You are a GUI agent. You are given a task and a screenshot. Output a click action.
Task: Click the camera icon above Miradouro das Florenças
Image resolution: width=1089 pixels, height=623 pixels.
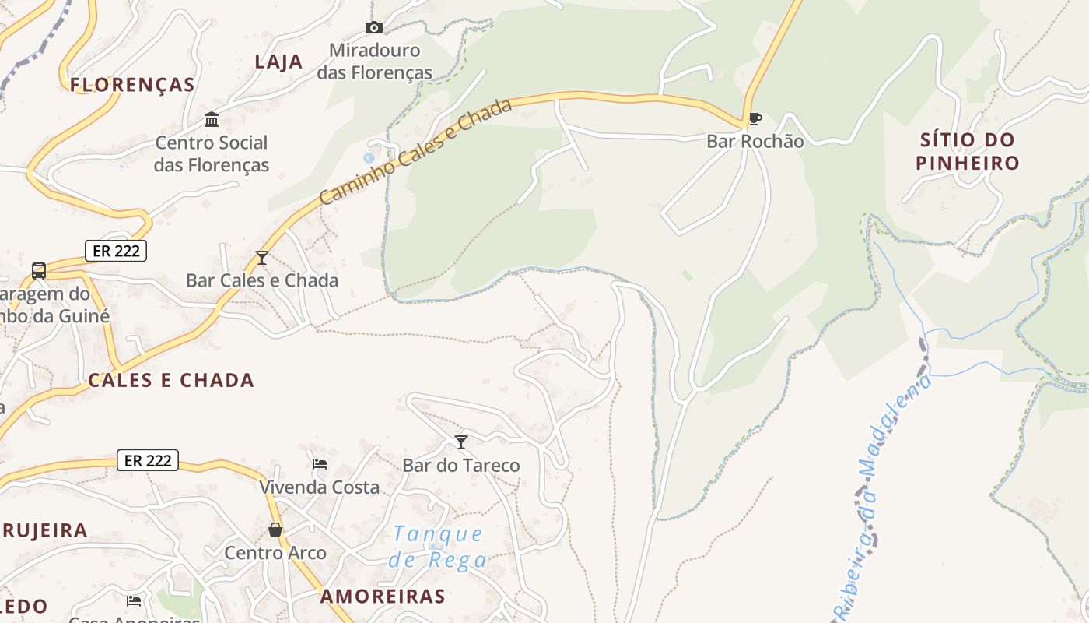(374, 28)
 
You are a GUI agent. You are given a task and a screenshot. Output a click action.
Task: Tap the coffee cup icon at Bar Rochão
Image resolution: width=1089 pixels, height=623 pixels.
(755, 119)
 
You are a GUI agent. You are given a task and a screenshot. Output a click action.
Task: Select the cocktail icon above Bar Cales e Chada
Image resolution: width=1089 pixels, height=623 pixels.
(262, 257)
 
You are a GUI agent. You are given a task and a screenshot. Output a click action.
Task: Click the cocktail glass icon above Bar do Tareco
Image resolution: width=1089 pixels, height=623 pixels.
(461, 442)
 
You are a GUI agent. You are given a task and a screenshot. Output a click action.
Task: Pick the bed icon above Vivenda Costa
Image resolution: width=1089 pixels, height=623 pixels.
(319, 464)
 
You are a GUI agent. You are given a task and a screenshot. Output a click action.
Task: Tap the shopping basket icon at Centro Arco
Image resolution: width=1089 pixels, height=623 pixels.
(275, 530)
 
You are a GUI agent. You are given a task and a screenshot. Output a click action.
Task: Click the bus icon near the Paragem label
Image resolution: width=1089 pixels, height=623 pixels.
(39, 271)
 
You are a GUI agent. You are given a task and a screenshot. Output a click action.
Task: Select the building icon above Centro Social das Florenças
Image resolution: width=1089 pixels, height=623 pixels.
(212, 119)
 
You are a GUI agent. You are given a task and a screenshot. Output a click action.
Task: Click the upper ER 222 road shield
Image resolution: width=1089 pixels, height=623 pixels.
(116, 251)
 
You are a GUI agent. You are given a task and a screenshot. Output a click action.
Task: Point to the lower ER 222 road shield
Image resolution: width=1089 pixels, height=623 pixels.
(148, 460)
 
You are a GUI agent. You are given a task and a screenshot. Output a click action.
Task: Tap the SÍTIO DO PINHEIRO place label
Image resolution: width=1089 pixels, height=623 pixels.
(967, 152)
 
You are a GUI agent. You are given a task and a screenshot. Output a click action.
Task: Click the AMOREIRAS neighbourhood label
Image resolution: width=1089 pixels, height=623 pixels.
(383, 597)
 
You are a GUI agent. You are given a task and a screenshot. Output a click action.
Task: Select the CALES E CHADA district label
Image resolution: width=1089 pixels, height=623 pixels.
(171, 380)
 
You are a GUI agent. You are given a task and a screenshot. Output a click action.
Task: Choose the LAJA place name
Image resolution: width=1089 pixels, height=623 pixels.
(278, 62)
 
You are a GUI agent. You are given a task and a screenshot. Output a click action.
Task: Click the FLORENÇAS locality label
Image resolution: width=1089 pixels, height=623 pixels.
(132, 85)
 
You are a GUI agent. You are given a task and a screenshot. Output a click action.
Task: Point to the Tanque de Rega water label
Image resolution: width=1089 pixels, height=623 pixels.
(438, 547)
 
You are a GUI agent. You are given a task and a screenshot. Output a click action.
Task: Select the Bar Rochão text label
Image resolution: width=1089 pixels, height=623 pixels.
(755, 142)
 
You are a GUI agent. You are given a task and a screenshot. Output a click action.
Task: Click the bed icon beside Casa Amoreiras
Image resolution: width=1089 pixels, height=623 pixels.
(134, 600)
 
